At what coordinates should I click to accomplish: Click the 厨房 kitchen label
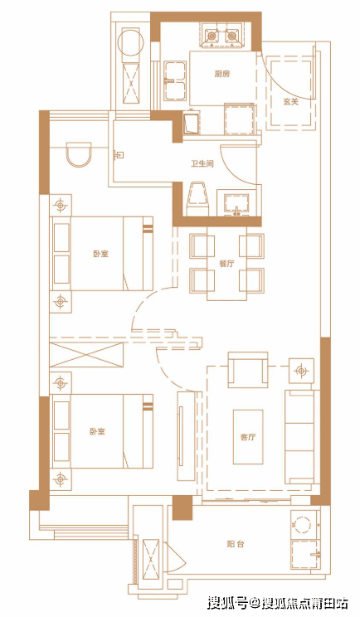[x=222, y=74]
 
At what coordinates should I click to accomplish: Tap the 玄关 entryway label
[x=291, y=101]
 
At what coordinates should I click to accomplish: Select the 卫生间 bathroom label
[x=202, y=163]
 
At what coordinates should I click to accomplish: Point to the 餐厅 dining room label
[x=226, y=263]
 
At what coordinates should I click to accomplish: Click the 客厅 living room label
[x=248, y=437]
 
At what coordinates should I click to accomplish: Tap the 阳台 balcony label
[x=236, y=544]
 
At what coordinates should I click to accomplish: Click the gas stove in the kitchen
[x=222, y=36]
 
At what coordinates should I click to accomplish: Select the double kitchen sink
[x=175, y=80]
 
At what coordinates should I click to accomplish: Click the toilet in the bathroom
[x=197, y=199]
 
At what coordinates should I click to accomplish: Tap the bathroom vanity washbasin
[x=237, y=204]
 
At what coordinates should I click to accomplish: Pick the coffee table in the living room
[x=248, y=437]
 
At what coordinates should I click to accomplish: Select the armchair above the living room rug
[x=248, y=370]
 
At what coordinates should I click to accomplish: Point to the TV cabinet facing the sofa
[x=186, y=436]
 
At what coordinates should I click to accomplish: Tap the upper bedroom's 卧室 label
[x=100, y=254]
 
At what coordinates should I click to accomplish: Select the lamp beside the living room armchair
[x=301, y=371]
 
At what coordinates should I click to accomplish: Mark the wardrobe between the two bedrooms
[x=86, y=355]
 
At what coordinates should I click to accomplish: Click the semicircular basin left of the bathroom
[x=78, y=154]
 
